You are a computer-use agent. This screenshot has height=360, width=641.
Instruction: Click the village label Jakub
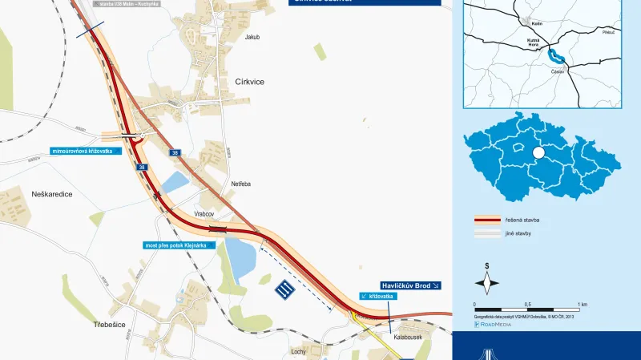point(252,37)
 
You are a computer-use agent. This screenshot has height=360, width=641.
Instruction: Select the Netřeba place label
point(241,184)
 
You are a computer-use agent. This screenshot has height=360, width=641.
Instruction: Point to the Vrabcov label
point(205,214)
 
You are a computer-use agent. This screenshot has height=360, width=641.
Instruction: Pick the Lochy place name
point(300,351)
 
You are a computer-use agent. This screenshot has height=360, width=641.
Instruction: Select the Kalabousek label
point(409,338)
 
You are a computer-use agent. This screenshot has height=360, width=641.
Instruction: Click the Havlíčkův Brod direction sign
point(409,285)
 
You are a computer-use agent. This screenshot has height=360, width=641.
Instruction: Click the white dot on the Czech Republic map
point(538,152)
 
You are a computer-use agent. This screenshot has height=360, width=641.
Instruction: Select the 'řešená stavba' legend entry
point(519,219)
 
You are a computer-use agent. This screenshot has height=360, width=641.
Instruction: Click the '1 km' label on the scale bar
point(583,305)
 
